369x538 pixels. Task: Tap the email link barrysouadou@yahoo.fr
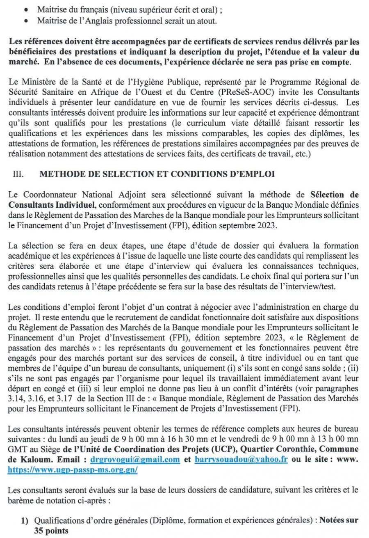[x=241, y=459]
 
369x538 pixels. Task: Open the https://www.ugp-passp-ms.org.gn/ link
[x=73, y=470]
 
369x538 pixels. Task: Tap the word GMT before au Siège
[x=16, y=449]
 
